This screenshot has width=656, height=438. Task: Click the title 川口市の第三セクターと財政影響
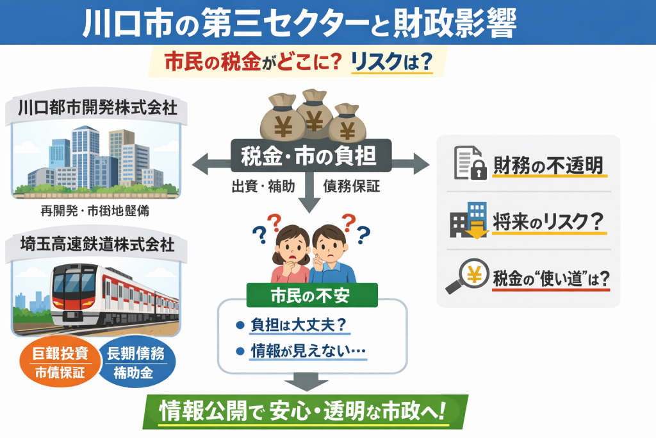(x=300, y=24)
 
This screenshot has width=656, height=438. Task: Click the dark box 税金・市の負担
(x=311, y=156)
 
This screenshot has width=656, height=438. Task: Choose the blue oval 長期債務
(x=138, y=362)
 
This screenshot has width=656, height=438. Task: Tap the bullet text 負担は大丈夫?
(x=300, y=325)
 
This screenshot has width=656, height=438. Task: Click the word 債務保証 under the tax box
(x=351, y=186)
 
